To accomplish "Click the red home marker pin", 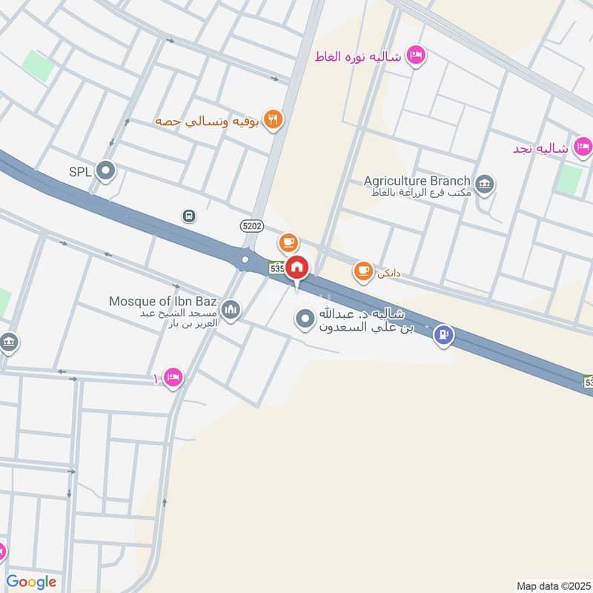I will (x=297, y=267).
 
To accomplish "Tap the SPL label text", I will (x=80, y=172).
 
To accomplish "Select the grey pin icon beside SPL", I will (x=106, y=172).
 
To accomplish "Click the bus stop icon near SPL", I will (x=189, y=216).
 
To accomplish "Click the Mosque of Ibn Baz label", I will (x=162, y=301).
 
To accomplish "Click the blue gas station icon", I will (x=444, y=336).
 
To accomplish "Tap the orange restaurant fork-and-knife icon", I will (x=274, y=120).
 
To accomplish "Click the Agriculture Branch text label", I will (x=417, y=181).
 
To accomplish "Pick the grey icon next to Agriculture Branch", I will (x=485, y=184).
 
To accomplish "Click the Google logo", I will (x=31, y=582).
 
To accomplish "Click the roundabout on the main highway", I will (x=245, y=259).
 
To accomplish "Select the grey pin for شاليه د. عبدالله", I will (x=305, y=320).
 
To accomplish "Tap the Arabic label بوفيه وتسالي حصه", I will (x=206, y=120).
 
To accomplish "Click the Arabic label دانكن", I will (x=388, y=273).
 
